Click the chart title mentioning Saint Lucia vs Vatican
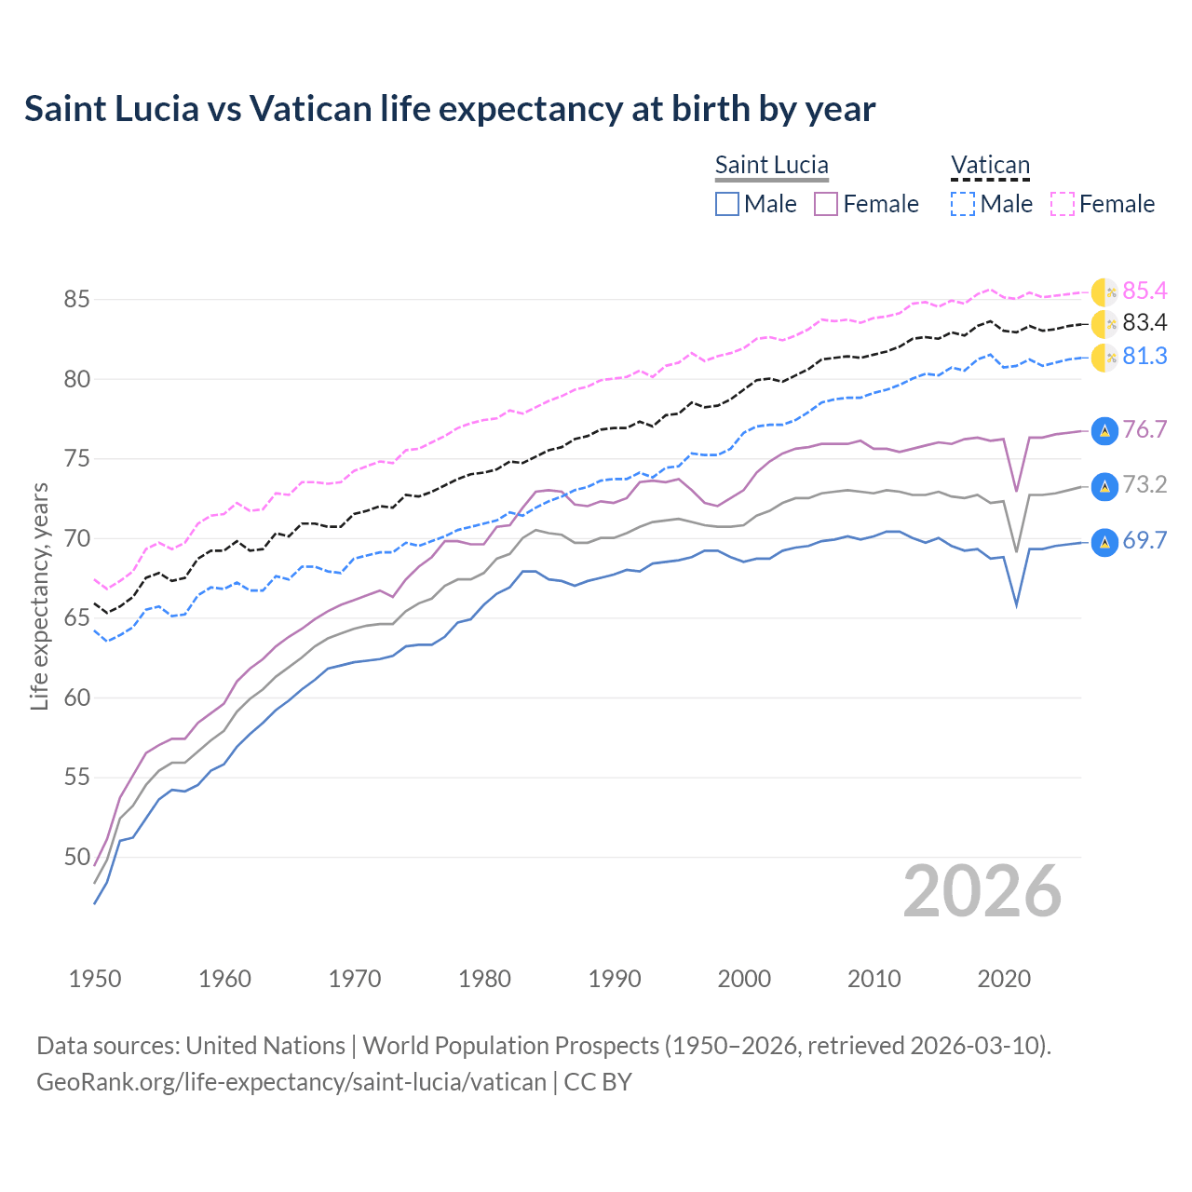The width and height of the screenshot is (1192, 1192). coord(450,109)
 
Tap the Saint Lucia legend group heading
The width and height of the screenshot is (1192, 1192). coord(771,165)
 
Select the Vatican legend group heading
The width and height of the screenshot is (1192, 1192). coord(990,165)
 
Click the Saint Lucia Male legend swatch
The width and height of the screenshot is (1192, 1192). coord(727,204)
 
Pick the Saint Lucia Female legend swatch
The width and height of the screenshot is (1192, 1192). coord(826,204)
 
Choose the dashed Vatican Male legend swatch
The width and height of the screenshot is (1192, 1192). coord(963,204)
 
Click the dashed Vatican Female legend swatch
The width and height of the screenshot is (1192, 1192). coord(1063,204)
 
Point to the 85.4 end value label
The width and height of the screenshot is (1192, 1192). coord(1145,291)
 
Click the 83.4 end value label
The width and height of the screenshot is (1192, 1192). coord(1145,323)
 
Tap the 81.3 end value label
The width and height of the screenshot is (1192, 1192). coord(1145,357)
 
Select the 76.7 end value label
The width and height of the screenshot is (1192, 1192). coord(1145,429)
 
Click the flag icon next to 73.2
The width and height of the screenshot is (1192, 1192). coord(1104,486)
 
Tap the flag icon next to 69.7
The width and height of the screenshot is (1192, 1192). coord(1104,542)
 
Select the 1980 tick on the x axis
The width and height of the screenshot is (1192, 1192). coord(484,979)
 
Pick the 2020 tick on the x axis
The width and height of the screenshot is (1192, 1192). coord(1004,979)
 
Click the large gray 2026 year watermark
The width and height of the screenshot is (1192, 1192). coord(982,891)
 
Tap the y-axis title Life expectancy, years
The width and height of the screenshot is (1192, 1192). coord(39,596)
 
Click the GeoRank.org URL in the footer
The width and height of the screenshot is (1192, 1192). coord(291,1082)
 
